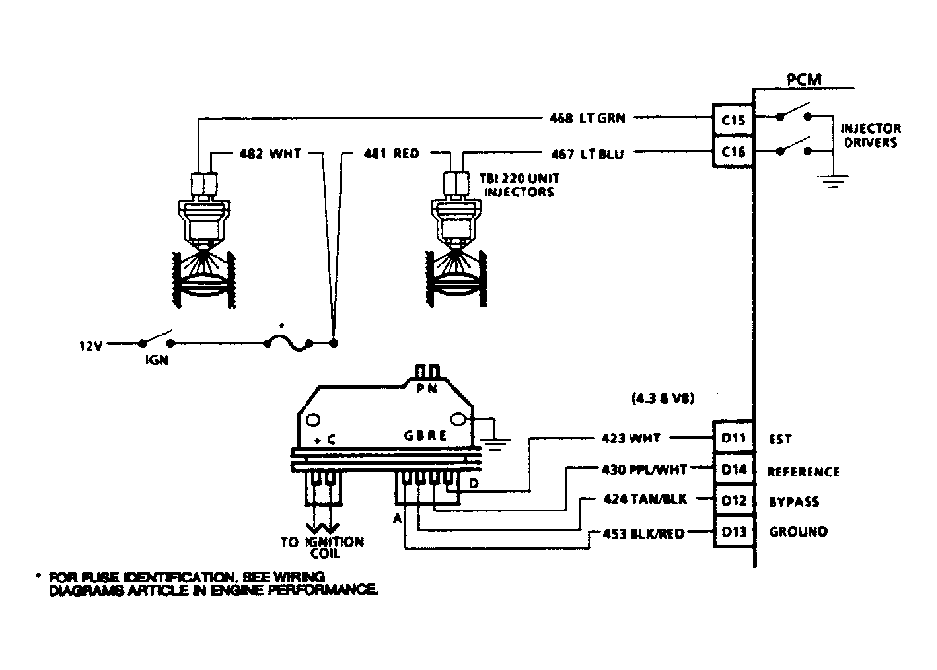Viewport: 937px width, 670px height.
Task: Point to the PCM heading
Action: (804, 79)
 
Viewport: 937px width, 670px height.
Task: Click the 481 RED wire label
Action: (391, 153)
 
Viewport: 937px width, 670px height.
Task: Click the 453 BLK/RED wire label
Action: (644, 533)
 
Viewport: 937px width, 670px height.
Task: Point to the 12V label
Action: (90, 344)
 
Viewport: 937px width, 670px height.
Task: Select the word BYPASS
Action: (794, 502)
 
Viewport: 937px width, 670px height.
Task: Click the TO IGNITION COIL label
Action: (322, 547)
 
